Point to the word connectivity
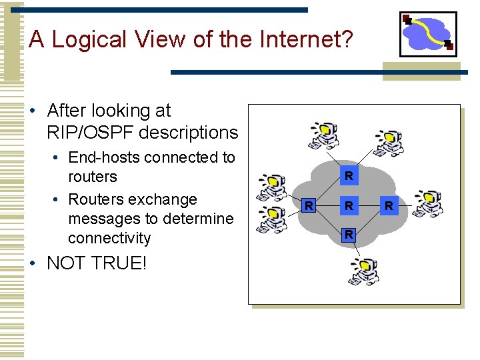(109, 238)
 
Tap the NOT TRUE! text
(96, 263)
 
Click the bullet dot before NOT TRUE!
(33, 263)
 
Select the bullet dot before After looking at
(33, 111)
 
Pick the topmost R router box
(348, 176)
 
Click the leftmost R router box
(308, 205)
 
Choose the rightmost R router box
(389, 205)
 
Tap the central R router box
(348, 205)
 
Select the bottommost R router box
(348, 234)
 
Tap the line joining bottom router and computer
(355, 250)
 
